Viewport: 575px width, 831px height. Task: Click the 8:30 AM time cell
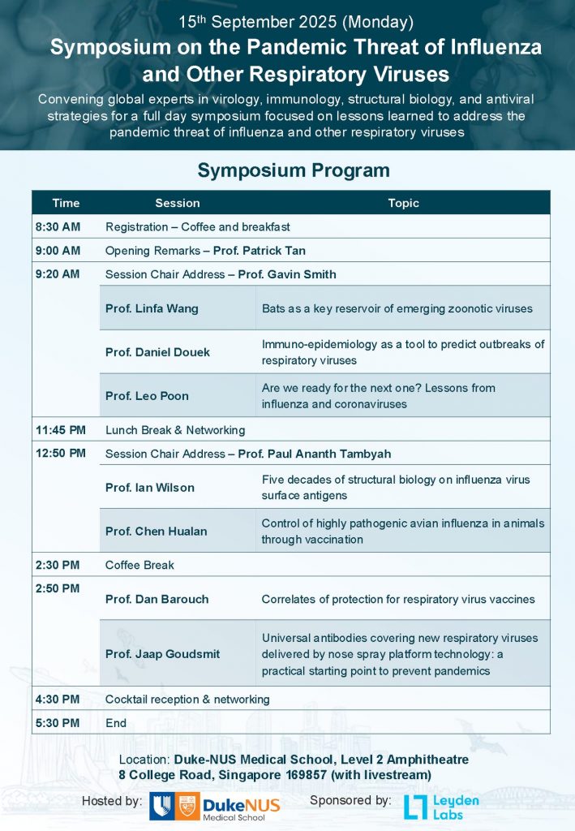[x=58, y=226]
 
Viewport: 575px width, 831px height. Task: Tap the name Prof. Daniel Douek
[x=157, y=352]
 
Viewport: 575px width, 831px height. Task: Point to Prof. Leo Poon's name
[x=147, y=396]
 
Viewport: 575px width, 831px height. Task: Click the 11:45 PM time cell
[x=61, y=429]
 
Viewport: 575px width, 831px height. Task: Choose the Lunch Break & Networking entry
[x=175, y=429]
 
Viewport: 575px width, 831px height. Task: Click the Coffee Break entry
[x=139, y=565]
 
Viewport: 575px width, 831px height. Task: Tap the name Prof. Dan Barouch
[x=157, y=599]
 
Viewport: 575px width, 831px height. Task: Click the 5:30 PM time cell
[x=58, y=722]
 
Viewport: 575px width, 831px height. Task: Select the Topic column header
[x=403, y=203]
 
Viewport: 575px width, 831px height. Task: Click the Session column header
[x=177, y=203]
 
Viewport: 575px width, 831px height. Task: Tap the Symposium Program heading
[x=294, y=170]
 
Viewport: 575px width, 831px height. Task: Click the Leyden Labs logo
[x=442, y=807]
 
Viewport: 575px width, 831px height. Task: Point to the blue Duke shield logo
[x=161, y=807]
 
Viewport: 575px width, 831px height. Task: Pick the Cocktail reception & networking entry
[x=187, y=699]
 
